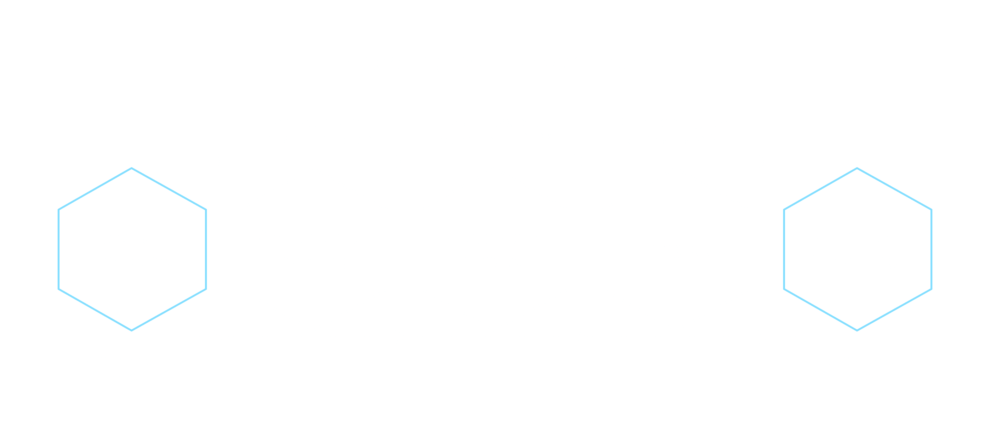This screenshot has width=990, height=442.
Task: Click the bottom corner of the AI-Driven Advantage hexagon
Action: tap(857, 330)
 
